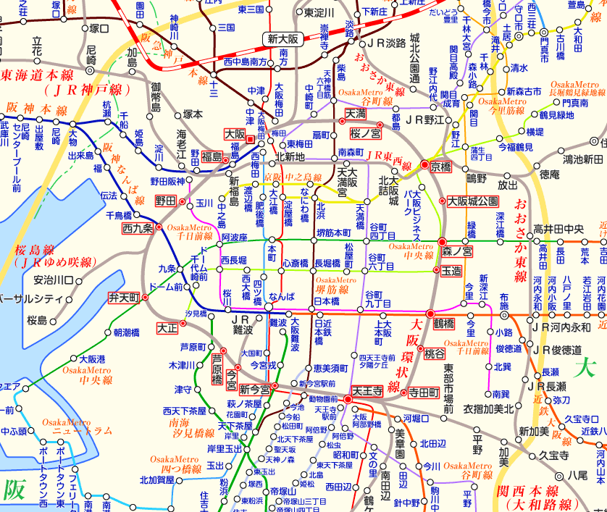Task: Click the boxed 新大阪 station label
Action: click(282, 39)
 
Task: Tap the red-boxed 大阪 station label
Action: click(234, 134)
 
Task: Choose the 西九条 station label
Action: click(137, 228)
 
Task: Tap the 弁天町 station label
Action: click(123, 297)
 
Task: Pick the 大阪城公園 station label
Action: click(473, 201)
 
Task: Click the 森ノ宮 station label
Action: click(457, 252)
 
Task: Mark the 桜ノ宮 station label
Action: click(366, 134)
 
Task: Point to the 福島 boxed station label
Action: click(213, 156)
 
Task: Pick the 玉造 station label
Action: click(451, 271)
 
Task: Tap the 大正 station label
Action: click(167, 327)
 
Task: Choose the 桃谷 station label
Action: click(435, 354)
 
